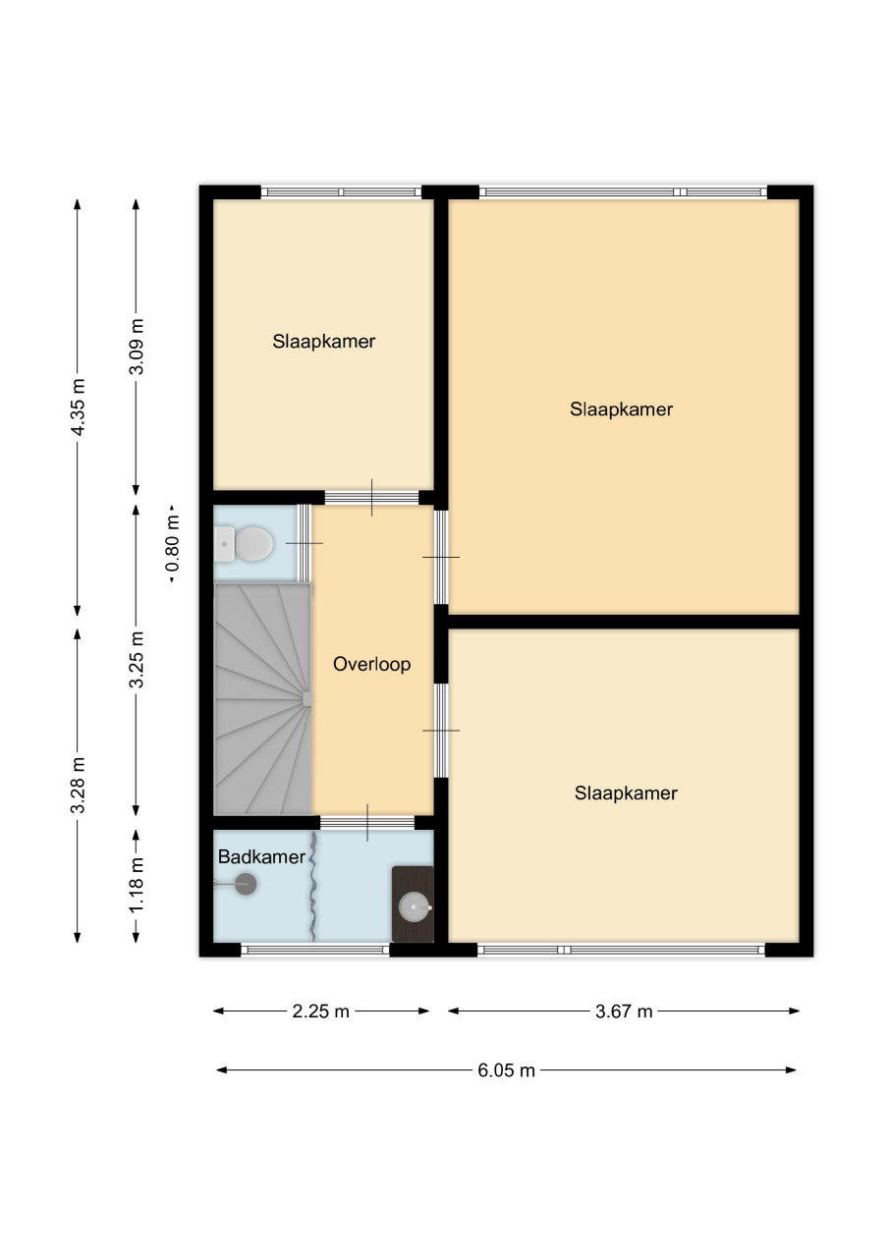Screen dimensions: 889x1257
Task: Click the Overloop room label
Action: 371,665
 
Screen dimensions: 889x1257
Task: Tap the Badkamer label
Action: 261,857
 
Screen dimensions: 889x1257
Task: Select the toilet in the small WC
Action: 245,543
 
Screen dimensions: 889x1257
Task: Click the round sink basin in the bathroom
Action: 415,905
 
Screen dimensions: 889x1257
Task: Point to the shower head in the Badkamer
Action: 246,885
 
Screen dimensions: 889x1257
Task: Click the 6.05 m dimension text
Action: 506,1070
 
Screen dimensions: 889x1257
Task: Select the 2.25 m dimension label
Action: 320,1011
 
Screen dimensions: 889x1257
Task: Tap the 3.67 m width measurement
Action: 624,1011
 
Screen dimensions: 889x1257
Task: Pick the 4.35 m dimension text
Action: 78,407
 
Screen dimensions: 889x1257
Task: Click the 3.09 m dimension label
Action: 137,347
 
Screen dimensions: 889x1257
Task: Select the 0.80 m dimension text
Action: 173,543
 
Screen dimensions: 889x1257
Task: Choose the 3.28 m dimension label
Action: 78,785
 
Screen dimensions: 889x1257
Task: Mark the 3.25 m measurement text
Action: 137,659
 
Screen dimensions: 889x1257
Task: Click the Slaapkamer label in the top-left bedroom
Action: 324,341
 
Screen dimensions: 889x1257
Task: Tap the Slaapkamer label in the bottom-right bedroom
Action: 626,792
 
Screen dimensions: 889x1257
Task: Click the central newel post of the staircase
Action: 307,698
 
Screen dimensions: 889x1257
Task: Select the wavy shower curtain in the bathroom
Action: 312,887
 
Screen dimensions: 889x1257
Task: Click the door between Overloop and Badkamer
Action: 367,823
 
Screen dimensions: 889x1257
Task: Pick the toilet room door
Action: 304,543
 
